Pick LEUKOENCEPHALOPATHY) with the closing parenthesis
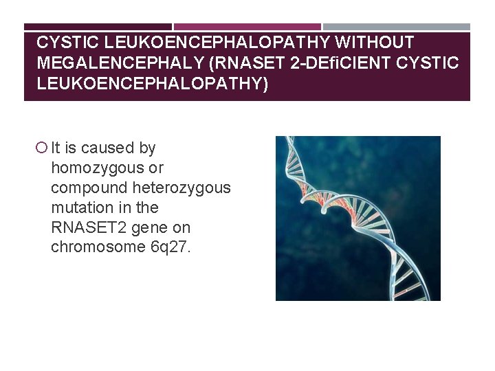tap(153, 83)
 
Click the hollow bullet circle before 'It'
tap(42, 148)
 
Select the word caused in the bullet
tap(104, 148)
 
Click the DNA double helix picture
tap(357, 218)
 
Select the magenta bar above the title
tap(247, 27)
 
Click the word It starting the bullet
tap(56, 148)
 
